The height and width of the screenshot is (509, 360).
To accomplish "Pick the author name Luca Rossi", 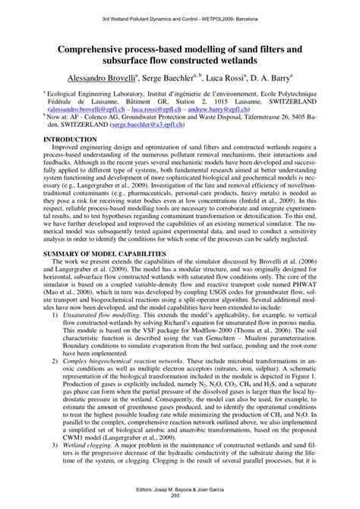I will click(229, 77).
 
